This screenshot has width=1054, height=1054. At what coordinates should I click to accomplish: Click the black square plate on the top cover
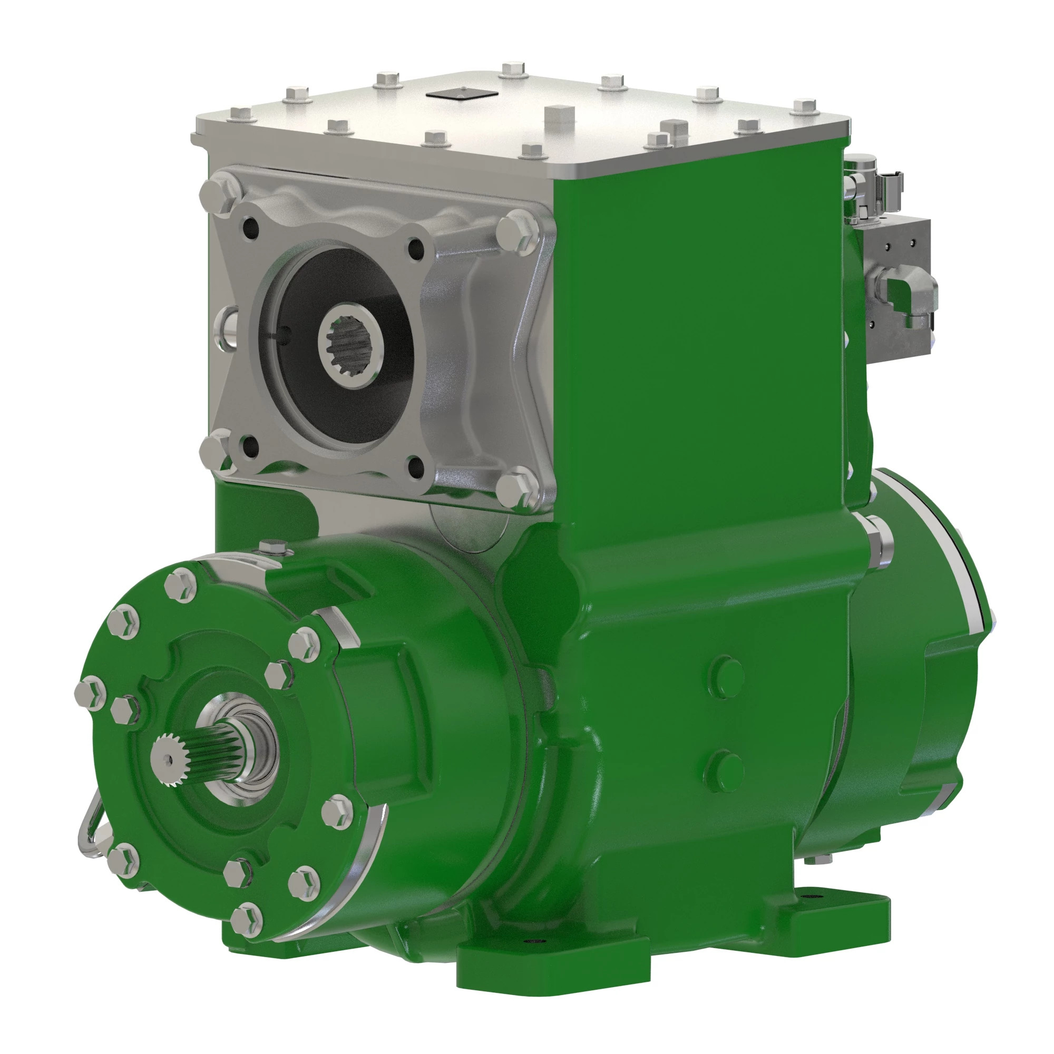[461, 95]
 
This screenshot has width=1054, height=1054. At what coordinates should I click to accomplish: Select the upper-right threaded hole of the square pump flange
[417, 248]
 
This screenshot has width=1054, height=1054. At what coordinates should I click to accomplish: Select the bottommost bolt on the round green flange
[246, 920]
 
